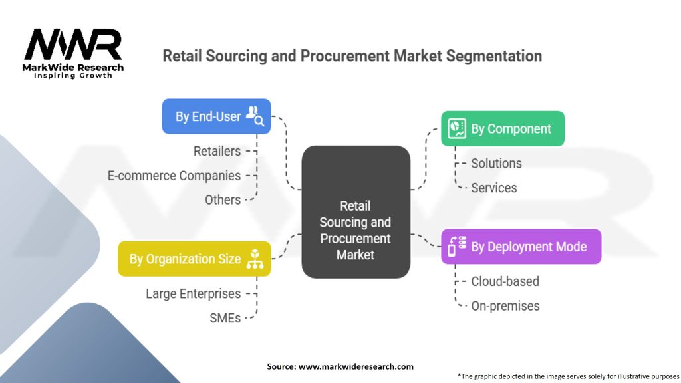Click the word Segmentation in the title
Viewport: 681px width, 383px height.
(489, 56)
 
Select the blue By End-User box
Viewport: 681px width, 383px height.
(216, 116)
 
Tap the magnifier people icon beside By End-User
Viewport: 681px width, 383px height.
(255, 116)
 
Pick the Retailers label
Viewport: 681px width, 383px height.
(217, 152)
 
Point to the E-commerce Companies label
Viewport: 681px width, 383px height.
(174, 176)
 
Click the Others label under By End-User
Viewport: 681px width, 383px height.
(223, 199)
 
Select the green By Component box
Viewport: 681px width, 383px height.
(503, 128)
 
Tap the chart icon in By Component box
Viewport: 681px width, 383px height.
(457, 128)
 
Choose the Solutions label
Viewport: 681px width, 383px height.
(496, 164)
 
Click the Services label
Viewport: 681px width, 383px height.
(493, 188)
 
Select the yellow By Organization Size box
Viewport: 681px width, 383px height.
(194, 259)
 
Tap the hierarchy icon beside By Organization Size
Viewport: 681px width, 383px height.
(255, 259)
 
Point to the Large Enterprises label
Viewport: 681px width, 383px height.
(194, 293)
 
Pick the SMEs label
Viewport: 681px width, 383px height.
(225, 319)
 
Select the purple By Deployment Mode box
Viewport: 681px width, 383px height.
(521, 247)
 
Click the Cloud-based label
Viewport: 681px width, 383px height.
(505, 281)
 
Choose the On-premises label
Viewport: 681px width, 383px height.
(505, 306)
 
